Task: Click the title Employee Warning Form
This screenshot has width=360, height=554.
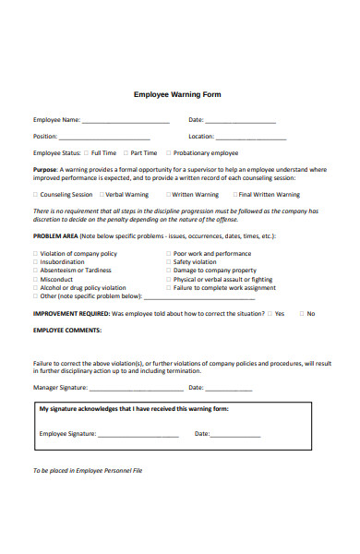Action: pos(177,94)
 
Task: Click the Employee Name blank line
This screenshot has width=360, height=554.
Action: pos(126,121)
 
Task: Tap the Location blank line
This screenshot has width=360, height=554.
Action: pos(246,137)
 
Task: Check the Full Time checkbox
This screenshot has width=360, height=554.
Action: pos(86,152)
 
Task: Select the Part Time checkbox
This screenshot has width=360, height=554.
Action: pos(126,152)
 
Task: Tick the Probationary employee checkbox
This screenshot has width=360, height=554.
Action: pos(168,152)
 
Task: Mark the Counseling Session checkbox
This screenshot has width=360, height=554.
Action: pos(36,195)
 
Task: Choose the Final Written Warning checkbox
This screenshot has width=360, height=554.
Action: pos(235,195)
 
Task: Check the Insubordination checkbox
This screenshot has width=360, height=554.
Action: pos(36,261)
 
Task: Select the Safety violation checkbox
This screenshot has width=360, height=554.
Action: pos(169,261)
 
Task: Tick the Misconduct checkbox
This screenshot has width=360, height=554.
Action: pos(36,279)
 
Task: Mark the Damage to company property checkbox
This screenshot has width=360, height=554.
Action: pos(169,271)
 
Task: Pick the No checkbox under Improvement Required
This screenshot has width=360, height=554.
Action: pos(300,314)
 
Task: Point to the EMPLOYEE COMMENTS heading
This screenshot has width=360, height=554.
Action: pos(67,330)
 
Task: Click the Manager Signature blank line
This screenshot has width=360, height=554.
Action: pos(135,389)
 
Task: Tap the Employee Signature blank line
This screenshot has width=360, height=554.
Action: pos(138,435)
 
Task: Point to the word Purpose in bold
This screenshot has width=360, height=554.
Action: pos(45,170)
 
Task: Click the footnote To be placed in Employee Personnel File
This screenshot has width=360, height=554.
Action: pos(88,470)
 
